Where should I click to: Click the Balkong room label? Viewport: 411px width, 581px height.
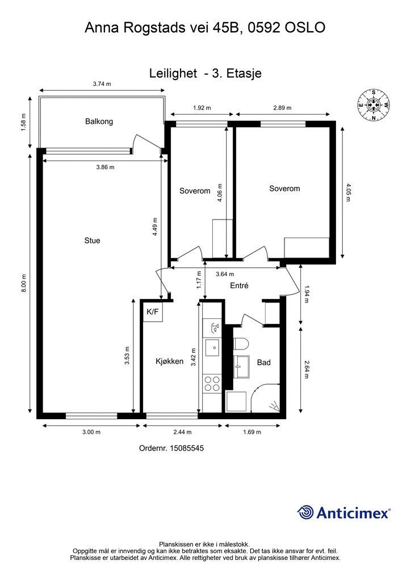[99, 121]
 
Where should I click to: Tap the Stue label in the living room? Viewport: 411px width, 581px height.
[93, 241]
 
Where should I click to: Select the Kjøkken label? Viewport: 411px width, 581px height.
[169, 361]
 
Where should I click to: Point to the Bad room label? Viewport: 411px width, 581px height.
[264, 363]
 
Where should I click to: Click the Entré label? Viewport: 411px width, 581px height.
[239, 286]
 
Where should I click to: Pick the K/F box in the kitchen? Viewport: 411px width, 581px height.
[153, 312]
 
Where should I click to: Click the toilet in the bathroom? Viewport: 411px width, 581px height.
[240, 344]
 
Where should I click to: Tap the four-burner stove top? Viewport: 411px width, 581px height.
[212, 384]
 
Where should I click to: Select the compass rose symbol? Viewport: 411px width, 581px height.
[374, 105]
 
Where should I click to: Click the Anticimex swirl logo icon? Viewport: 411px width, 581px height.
[305, 512]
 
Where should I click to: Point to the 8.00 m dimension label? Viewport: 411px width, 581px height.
[24, 284]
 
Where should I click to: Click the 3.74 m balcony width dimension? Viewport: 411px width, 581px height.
[102, 84]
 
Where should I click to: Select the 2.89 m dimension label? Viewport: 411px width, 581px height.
[282, 108]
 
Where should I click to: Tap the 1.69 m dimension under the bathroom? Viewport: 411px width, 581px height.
[252, 432]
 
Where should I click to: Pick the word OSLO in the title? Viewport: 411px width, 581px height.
[305, 27]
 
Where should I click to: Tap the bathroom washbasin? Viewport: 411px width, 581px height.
[242, 367]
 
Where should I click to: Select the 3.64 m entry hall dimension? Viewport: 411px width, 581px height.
[225, 274]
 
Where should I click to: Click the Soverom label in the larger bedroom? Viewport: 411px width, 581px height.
[284, 188]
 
